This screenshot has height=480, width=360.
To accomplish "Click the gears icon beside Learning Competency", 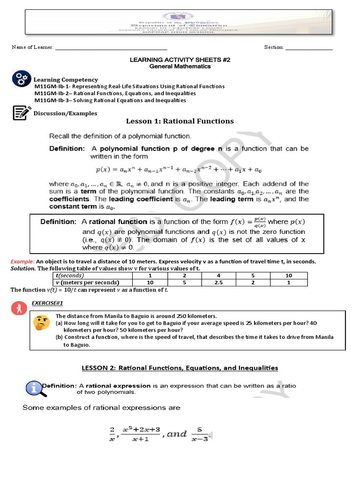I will click(x=21, y=79).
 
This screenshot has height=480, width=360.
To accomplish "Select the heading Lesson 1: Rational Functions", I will click(x=180, y=121).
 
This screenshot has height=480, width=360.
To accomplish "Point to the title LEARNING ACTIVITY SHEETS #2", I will click(x=180, y=60).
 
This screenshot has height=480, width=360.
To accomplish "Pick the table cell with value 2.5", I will click(x=218, y=283).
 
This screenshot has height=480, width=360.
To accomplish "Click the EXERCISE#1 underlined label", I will click(x=45, y=303).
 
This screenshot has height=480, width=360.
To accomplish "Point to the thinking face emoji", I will click(x=41, y=322).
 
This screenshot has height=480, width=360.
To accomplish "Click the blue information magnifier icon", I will click(x=33, y=388).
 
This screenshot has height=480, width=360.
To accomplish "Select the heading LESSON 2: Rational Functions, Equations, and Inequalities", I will click(x=180, y=368).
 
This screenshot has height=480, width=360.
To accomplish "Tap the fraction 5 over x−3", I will click(x=200, y=434).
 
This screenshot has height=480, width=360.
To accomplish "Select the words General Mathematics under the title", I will click(x=180, y=67).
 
